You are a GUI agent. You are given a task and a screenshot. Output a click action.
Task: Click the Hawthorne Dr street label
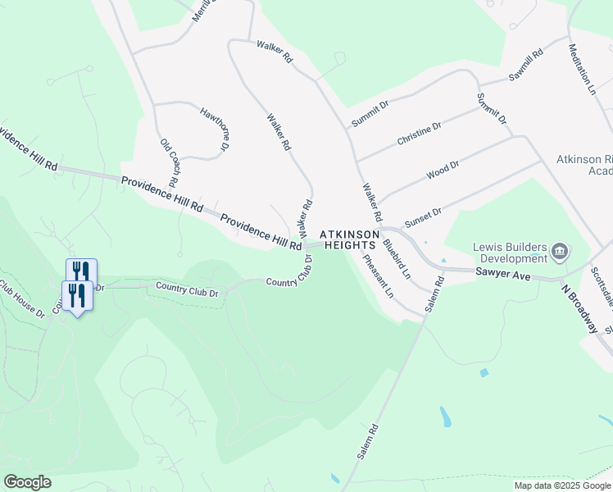211,128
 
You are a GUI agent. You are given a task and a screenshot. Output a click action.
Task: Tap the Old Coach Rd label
169,162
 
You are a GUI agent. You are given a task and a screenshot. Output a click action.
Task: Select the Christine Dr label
419,134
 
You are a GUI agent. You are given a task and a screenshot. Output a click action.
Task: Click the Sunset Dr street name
423,216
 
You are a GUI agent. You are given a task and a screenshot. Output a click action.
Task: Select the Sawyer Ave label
503,276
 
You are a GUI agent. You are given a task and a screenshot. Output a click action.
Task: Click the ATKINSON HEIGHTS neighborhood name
352,239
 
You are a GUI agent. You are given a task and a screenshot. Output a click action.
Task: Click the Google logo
27,482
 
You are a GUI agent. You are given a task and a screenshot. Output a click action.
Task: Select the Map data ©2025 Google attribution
562,485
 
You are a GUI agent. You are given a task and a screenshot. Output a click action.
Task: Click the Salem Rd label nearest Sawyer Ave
434,294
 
